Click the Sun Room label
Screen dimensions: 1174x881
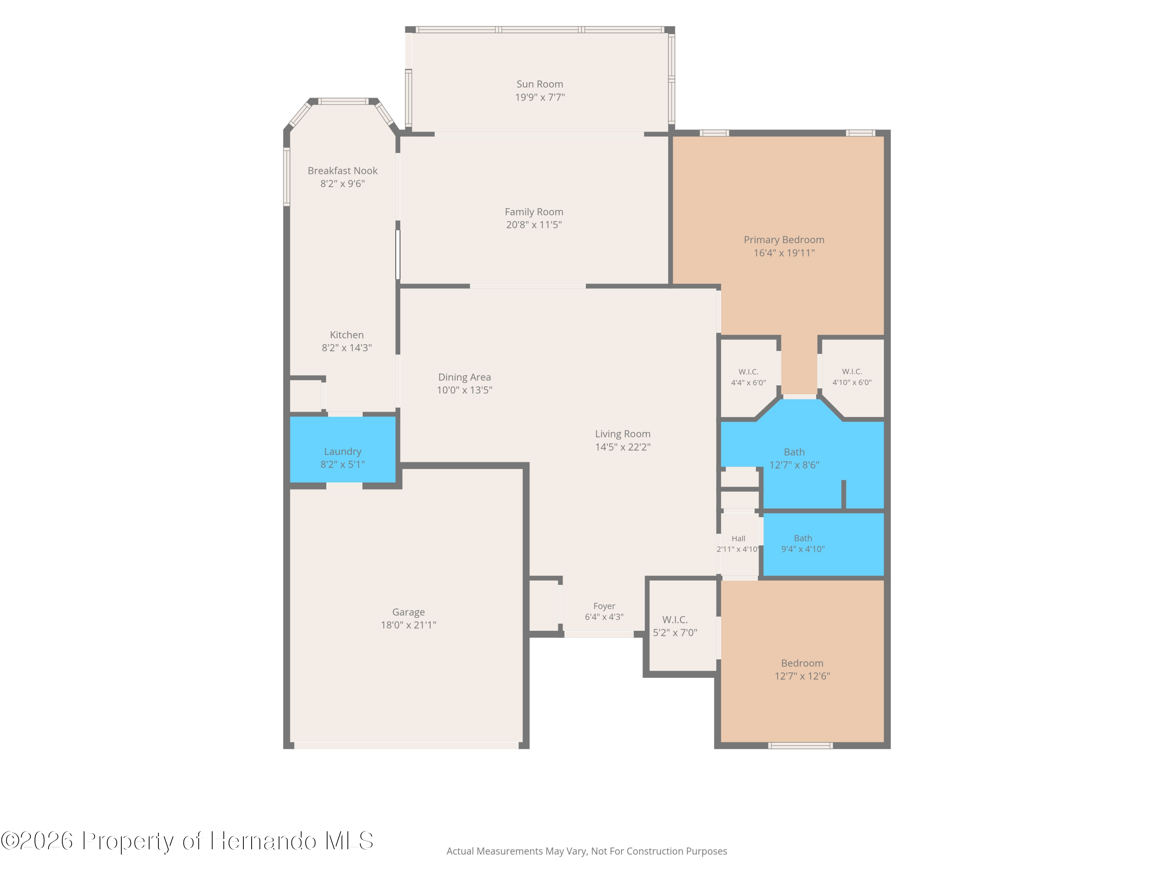click(x=540, y=84)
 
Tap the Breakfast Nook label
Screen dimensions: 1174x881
click(x=342, y=170)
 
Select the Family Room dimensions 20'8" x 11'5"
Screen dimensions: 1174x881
click(x=534, y=225)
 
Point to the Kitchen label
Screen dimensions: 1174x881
click(x=347, y=334)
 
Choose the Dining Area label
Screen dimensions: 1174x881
click(x=465, y=377)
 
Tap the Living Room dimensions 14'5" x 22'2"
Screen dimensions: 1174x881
click(x=623, y=447)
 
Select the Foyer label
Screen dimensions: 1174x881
click(x=604, y=606)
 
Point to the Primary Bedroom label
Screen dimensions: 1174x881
click(x=784, y=240)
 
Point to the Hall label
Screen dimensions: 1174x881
click(x=738, y=538)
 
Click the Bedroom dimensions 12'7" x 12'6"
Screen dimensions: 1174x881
click(x=802, y=676)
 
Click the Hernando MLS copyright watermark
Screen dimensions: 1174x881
click(x=187, y=841)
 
